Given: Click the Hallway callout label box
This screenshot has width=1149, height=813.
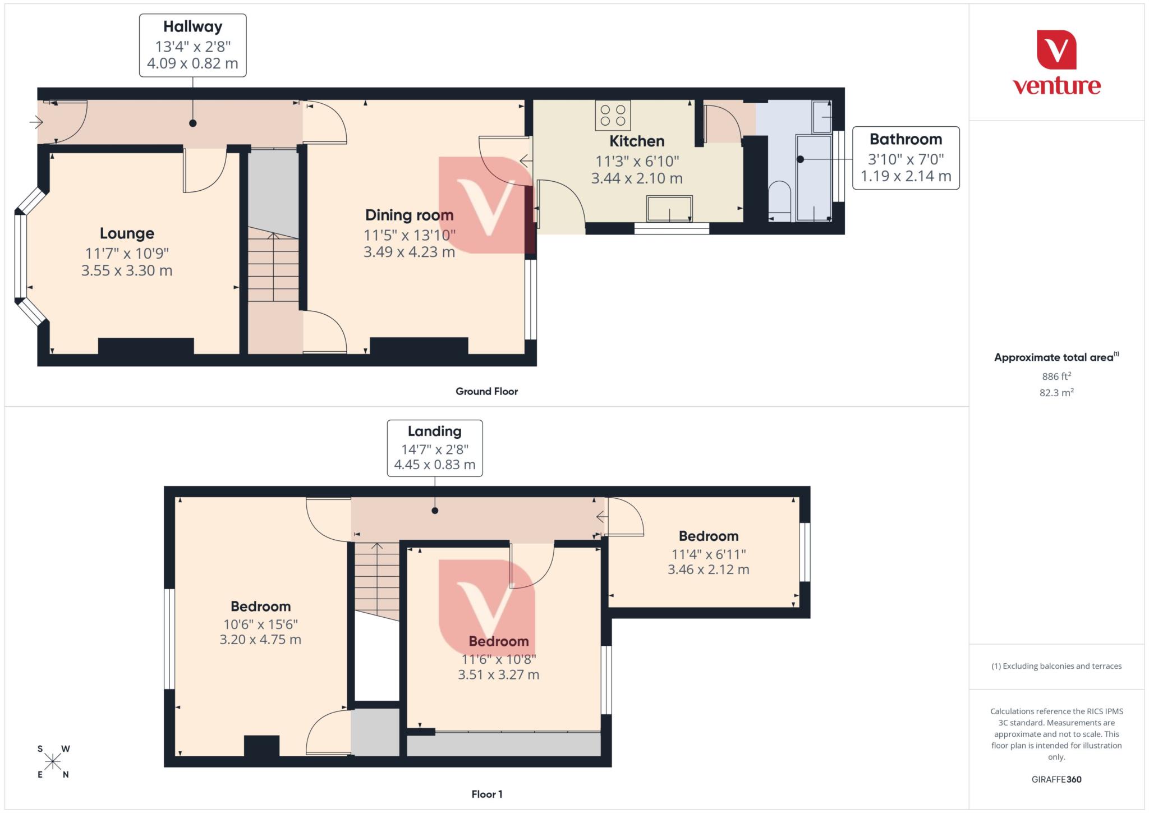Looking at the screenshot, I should point(192,45).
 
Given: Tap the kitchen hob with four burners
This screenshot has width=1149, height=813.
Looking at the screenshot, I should point(613,116).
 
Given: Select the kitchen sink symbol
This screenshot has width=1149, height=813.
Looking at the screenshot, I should point(669,209).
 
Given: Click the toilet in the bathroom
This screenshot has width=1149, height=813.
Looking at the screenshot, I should point(779,201).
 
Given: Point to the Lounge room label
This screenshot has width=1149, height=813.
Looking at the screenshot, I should point(127,233).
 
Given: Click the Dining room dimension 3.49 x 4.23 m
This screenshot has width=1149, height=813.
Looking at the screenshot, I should point(409,252).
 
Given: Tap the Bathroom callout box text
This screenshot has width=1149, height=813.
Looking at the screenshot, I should point(906,158).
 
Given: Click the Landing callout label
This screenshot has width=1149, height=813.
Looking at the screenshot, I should point(434,448).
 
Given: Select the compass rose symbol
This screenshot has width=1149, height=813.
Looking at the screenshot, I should point(53,761).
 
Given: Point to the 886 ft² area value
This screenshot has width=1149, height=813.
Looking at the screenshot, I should point(1056,376).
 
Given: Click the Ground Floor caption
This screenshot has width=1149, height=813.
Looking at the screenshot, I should point(486,392).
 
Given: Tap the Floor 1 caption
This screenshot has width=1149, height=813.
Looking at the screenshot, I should point(486,794).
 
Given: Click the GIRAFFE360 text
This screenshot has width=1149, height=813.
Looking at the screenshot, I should point(1056,779).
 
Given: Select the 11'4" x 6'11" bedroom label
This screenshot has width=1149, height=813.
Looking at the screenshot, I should point(708,554).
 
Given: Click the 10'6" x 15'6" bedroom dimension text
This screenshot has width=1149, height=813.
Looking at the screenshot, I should point(260,624).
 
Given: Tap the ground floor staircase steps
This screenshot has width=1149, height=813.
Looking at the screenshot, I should point(273,269).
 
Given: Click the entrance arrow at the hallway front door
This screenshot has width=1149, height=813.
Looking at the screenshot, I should point(36,122).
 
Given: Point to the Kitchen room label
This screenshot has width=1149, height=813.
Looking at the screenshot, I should point(637,141).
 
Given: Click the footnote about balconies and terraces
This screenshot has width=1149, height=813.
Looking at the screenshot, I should point(1056,666).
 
